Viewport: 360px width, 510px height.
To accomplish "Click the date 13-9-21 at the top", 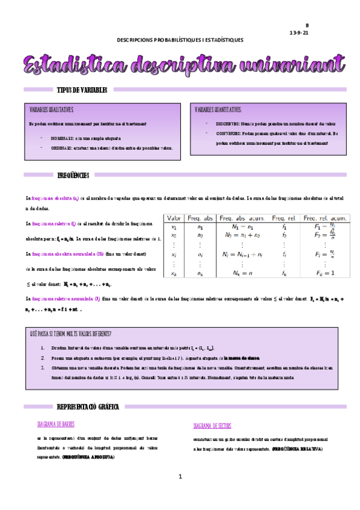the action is [299, 33].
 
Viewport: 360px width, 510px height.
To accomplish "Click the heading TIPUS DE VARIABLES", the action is [82, 90].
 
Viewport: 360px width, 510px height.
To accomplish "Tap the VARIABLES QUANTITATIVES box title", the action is [218, 110].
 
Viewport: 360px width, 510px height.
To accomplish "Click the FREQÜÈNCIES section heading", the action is [73, 176].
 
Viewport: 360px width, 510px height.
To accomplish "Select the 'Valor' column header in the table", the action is [175, 218].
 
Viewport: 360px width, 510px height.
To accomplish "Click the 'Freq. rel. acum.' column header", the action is [325, 218].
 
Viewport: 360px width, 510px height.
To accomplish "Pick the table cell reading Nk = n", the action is [242, 274].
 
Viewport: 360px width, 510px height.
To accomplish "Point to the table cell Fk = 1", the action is [325, 274].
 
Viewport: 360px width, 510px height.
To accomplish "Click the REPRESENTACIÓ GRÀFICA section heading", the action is [87, 407].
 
